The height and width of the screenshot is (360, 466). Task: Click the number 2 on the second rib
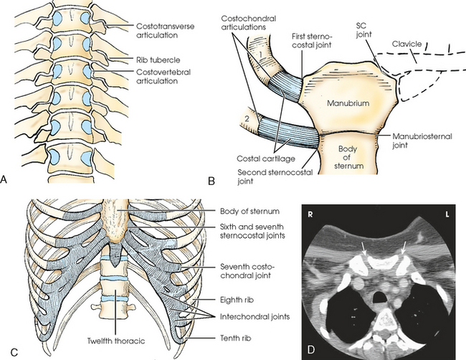coord(246,115)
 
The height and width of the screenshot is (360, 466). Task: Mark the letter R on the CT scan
coord(313,214)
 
